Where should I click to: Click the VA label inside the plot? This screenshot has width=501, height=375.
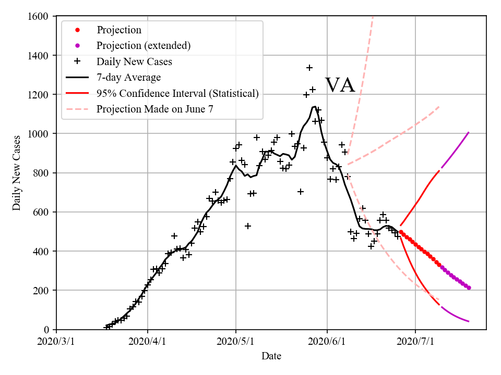coord(340,85)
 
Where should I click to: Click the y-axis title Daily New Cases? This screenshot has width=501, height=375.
coord(17,173)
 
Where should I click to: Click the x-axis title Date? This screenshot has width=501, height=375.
coord(271,356)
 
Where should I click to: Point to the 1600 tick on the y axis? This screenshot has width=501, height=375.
coord(40,17)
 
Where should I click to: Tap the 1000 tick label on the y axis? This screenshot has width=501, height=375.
coord(40,134)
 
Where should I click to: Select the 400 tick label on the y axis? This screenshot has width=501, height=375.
coord(42,251)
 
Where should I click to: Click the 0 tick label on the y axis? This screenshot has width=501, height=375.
coord(47,330)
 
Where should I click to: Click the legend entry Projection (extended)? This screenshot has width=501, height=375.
coord(144,46)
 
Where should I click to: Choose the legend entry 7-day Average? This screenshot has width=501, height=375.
coord(128,78)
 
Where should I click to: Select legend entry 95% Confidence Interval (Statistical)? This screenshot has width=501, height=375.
coord(177,94)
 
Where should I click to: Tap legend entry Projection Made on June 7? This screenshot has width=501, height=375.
coord(155,109)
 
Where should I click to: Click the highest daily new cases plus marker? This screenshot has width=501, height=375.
coord(309,68)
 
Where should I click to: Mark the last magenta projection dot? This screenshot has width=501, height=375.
coord(469,287)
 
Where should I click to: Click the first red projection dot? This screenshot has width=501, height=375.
coord(401,232)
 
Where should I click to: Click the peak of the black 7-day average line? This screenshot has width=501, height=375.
coord(314,107)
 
